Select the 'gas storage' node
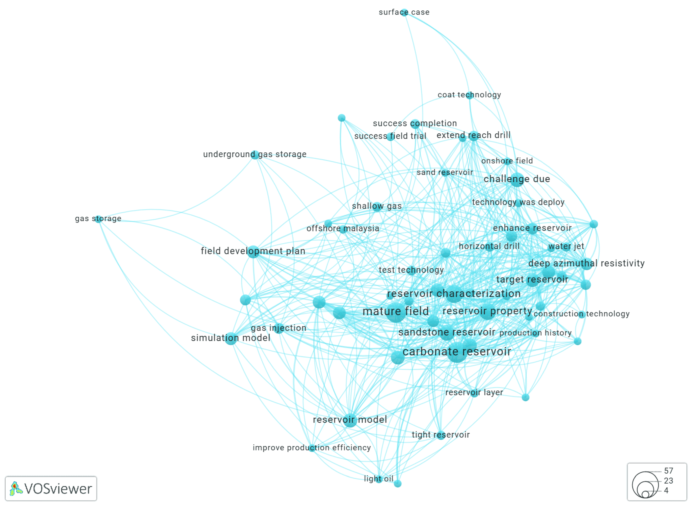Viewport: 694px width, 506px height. [x=98, y=219]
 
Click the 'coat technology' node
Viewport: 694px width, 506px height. [x=469, y=95]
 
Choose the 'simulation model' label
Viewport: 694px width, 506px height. [x=231, y=338]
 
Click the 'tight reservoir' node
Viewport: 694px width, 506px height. [x=441, y=435]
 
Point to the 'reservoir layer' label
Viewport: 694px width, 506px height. [x=474, y=392]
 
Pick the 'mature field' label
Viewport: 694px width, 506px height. [x=395, y=311]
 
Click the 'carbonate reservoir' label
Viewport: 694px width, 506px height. [x=457, y=352]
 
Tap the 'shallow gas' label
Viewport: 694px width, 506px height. [x=377, y=206]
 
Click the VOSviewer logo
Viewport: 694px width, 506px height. [x=51, y=489]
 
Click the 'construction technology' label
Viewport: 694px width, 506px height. [x=581, y=314]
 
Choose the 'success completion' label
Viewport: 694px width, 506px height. [x=415, y=123]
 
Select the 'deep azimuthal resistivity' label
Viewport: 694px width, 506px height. [x=586, y=263]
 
